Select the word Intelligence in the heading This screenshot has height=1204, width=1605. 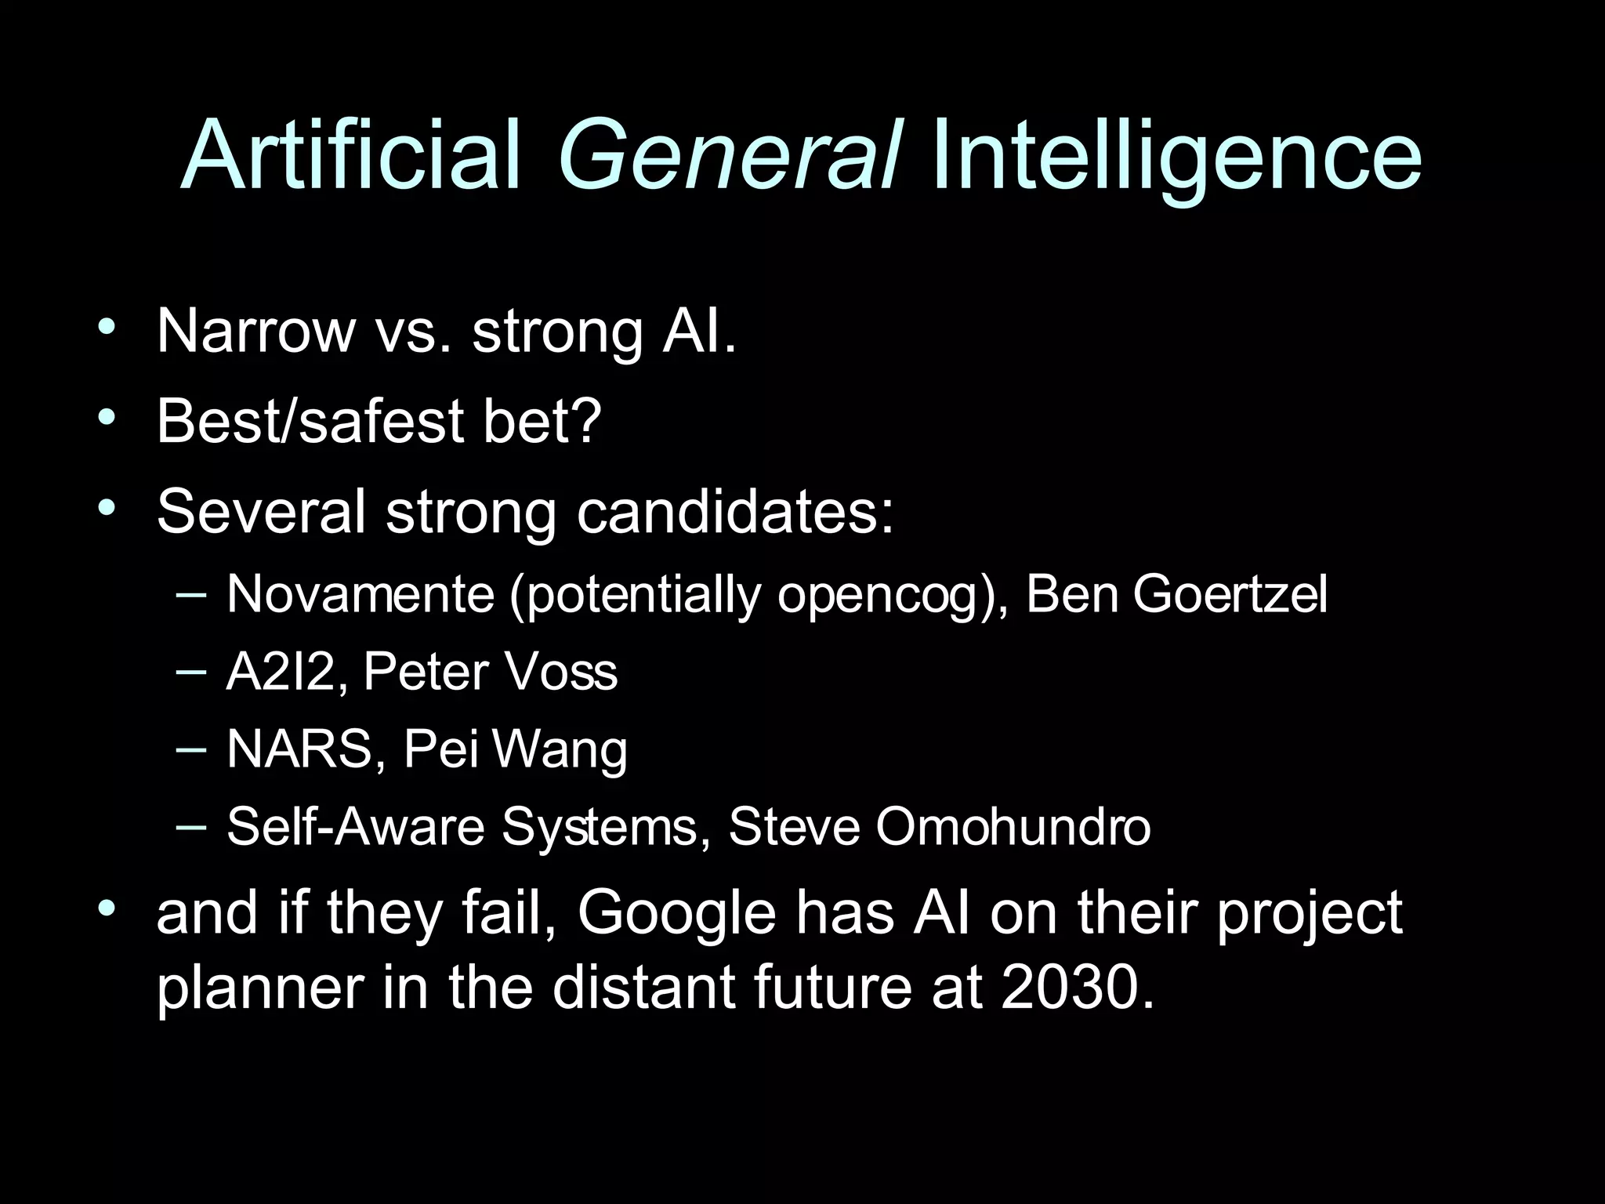point(1176,157)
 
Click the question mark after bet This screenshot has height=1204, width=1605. point(585,420)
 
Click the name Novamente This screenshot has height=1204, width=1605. point(360,593)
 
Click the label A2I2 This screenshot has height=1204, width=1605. point(280,672)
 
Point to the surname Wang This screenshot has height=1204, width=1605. point(560,751)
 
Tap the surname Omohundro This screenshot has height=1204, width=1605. point(1013,826)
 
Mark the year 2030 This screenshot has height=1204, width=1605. point(1078,988)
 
